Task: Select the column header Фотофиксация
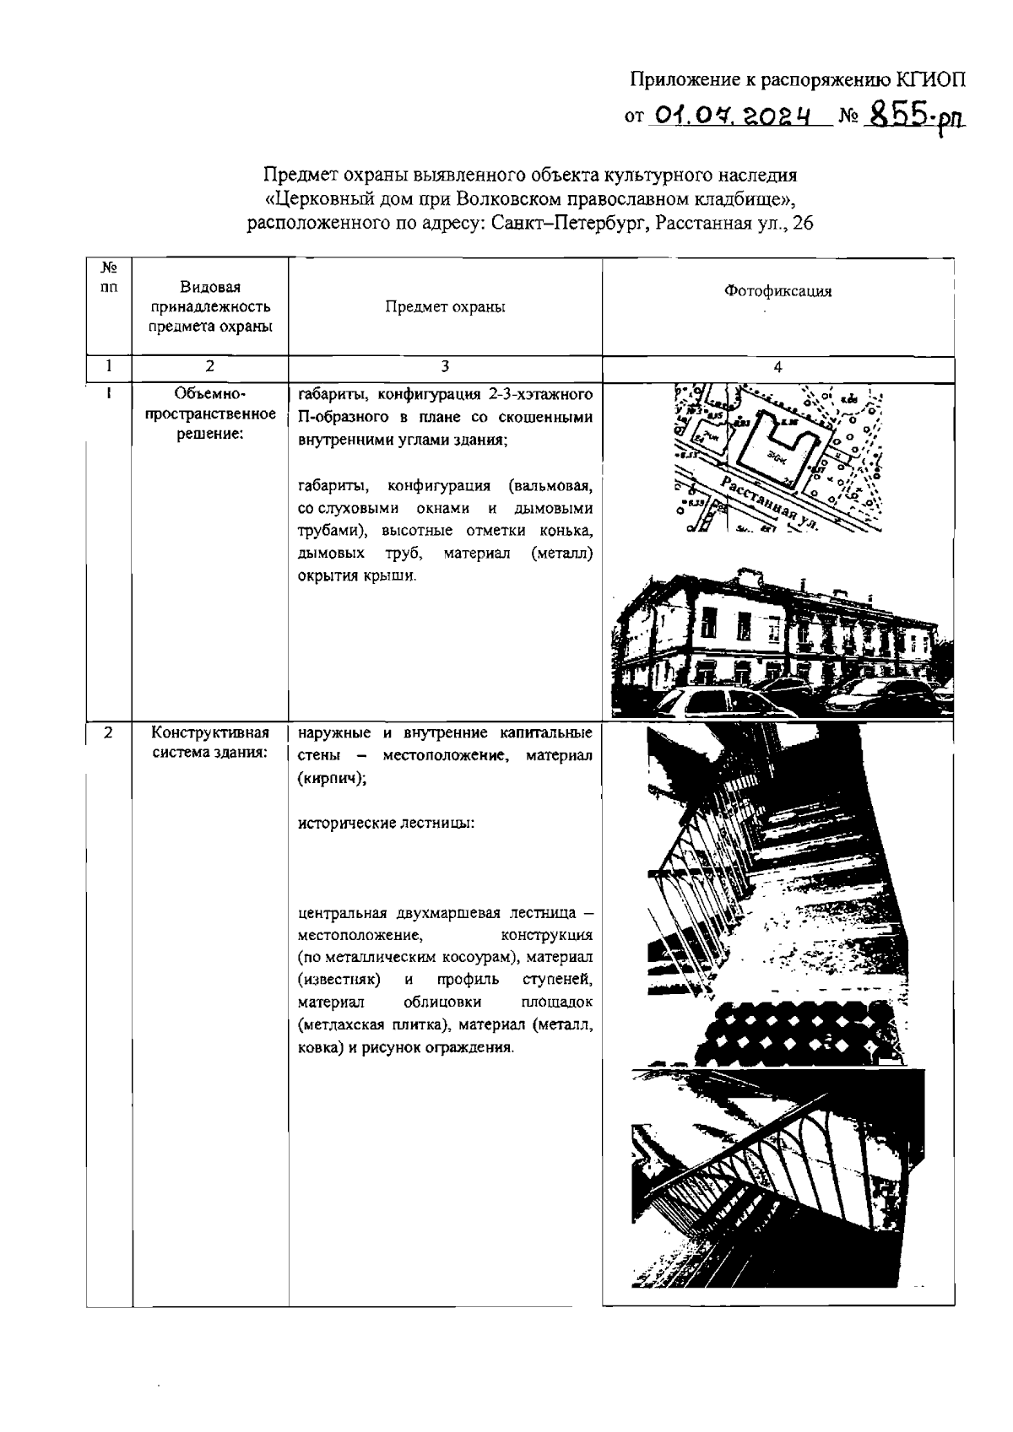(x=777, y=291)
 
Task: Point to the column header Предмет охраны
(x=445, y=307)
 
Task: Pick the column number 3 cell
(x=445, y=367)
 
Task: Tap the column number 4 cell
(x=777, y=367)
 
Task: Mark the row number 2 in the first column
(x=109, y=732)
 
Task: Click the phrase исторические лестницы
(x=387, y=822)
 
